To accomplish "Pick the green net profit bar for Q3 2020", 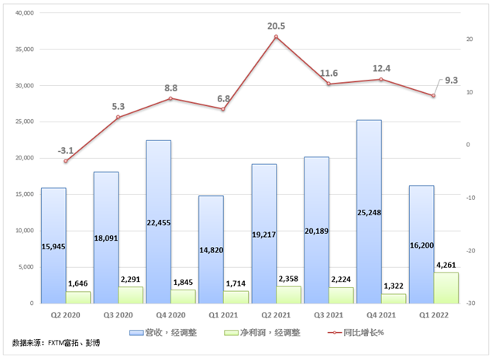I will [x=131, y=295].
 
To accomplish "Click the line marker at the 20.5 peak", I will [x=276, y=37].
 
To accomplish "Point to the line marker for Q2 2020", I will [x=66, y=161].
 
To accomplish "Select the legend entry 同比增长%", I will [x=356, y=333].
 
